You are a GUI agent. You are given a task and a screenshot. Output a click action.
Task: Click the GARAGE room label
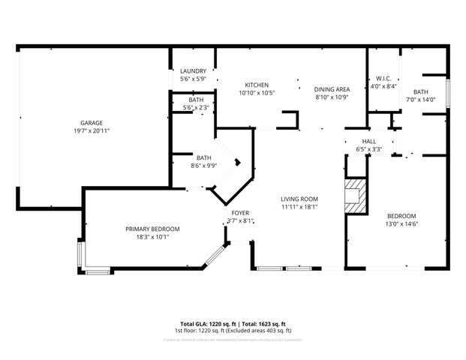point(92,123)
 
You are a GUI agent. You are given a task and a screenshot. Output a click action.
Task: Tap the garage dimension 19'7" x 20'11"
point(92,131)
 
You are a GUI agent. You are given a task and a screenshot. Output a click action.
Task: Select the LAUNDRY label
point(194,71)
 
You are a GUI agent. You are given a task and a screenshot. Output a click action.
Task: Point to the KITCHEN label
point(257,85)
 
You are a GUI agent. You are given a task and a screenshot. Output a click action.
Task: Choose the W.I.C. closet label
point(383,78)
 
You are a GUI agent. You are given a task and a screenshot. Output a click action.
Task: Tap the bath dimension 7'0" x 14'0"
point(420,99)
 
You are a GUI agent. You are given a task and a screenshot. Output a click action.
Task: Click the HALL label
point(368,141)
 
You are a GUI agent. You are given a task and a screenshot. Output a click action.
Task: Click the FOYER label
point(240,213)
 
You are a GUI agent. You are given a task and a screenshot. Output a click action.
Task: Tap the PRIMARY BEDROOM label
point(152,229)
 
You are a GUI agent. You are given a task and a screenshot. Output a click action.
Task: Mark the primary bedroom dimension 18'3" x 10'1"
point(152,237)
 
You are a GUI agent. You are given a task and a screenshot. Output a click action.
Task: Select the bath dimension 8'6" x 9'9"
point(204,166)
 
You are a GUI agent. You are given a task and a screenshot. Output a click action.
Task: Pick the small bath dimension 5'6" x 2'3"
point(196,108)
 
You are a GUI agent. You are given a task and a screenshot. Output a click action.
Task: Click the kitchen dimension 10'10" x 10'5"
point(257,93)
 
